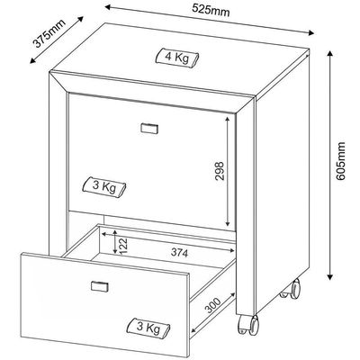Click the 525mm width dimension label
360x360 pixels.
[211, 11]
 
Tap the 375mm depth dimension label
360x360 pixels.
[49, 33]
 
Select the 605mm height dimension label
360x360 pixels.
[340, 161]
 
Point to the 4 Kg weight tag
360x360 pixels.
[177, 57]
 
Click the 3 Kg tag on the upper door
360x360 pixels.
[104, 187]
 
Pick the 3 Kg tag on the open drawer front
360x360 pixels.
[148, 327]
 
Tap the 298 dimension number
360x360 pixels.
[220, 171]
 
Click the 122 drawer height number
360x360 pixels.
[124, 246]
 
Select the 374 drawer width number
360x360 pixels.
[179, 253]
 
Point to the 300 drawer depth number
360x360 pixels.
[212, 306]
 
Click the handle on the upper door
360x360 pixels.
[149, 128]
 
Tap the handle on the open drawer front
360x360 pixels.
[99, 286]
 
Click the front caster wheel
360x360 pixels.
[248, 324]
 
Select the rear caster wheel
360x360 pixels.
[291, 288]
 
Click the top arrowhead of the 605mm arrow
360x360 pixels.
[329, 54]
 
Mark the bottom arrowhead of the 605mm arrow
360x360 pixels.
[329, 277]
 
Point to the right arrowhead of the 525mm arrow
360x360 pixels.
[310, 32]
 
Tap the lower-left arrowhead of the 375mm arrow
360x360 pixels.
[32, 60]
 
